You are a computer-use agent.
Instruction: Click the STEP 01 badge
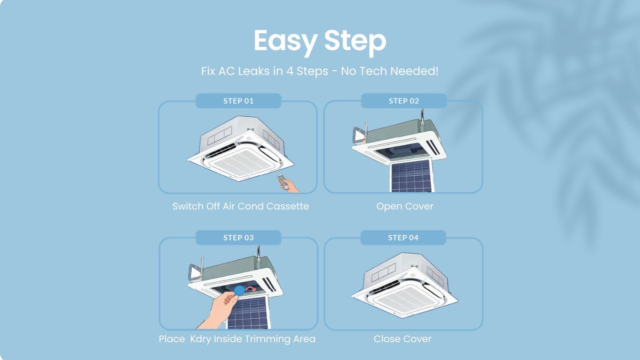click(238, 101)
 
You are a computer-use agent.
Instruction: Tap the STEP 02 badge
click(404, 101)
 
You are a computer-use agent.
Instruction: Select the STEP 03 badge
click(238, 238)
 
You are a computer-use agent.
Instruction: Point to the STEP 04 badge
click(403, 238)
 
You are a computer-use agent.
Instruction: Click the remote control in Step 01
click(283, 181)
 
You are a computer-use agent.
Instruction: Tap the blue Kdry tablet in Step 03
click(239, 290)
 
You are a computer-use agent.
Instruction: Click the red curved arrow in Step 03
click(251, 289)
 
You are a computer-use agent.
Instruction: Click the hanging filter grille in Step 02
click(411, 175)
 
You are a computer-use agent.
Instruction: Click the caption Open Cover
click(405, 206)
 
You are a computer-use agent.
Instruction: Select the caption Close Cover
click(402, 339)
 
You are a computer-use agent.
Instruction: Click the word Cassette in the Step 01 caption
click(287, 206)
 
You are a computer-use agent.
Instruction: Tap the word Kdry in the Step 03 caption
click(201, 339)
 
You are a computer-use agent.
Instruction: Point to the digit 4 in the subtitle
click(290, 71)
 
